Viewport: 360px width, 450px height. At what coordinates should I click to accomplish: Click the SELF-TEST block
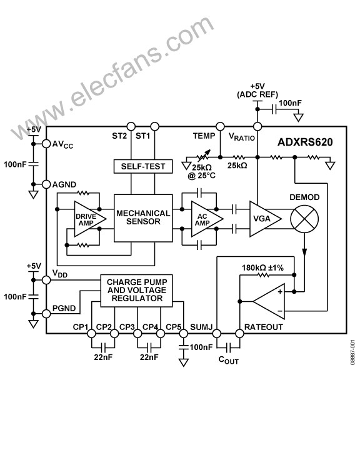(x=143, y=166)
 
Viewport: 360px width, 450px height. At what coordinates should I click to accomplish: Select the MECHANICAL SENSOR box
(x=143, y=218)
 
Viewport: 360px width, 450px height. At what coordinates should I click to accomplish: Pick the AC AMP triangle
(x=207, y=219)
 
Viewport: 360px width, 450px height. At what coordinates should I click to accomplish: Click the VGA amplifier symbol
(x=265, y=219)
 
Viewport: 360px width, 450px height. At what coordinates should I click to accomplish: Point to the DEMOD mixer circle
(x=304, y=219)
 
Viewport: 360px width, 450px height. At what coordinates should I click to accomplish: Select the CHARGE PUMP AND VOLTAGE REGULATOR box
(x=136, y=291)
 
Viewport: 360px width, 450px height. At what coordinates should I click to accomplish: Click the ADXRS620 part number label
(x=305, y=142)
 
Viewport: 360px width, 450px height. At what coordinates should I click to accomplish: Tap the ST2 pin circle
(x=131, y=126)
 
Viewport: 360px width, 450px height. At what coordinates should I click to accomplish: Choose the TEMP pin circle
(x=220, y=126)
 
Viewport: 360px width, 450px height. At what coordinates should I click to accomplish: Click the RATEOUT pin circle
(x=240, y=334)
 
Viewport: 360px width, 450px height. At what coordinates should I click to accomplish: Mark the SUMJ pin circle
(x=216, y=334)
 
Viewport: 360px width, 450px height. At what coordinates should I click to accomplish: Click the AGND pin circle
(x=46, y=184)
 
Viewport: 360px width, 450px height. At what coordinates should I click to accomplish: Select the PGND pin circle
(x=46, y=314)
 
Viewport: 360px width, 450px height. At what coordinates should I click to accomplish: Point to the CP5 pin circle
(x=184, y=334)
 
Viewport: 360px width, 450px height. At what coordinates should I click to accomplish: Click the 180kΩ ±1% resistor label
(x=262, y=267)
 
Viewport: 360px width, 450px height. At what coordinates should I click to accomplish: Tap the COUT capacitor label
(x=229, y=360)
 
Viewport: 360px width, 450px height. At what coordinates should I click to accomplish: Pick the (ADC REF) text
(x=257, y=94)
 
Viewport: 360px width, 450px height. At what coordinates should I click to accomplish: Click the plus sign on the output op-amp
(x=280, y=292)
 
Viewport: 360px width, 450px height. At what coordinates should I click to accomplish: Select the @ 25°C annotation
(x=201, y=176)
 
